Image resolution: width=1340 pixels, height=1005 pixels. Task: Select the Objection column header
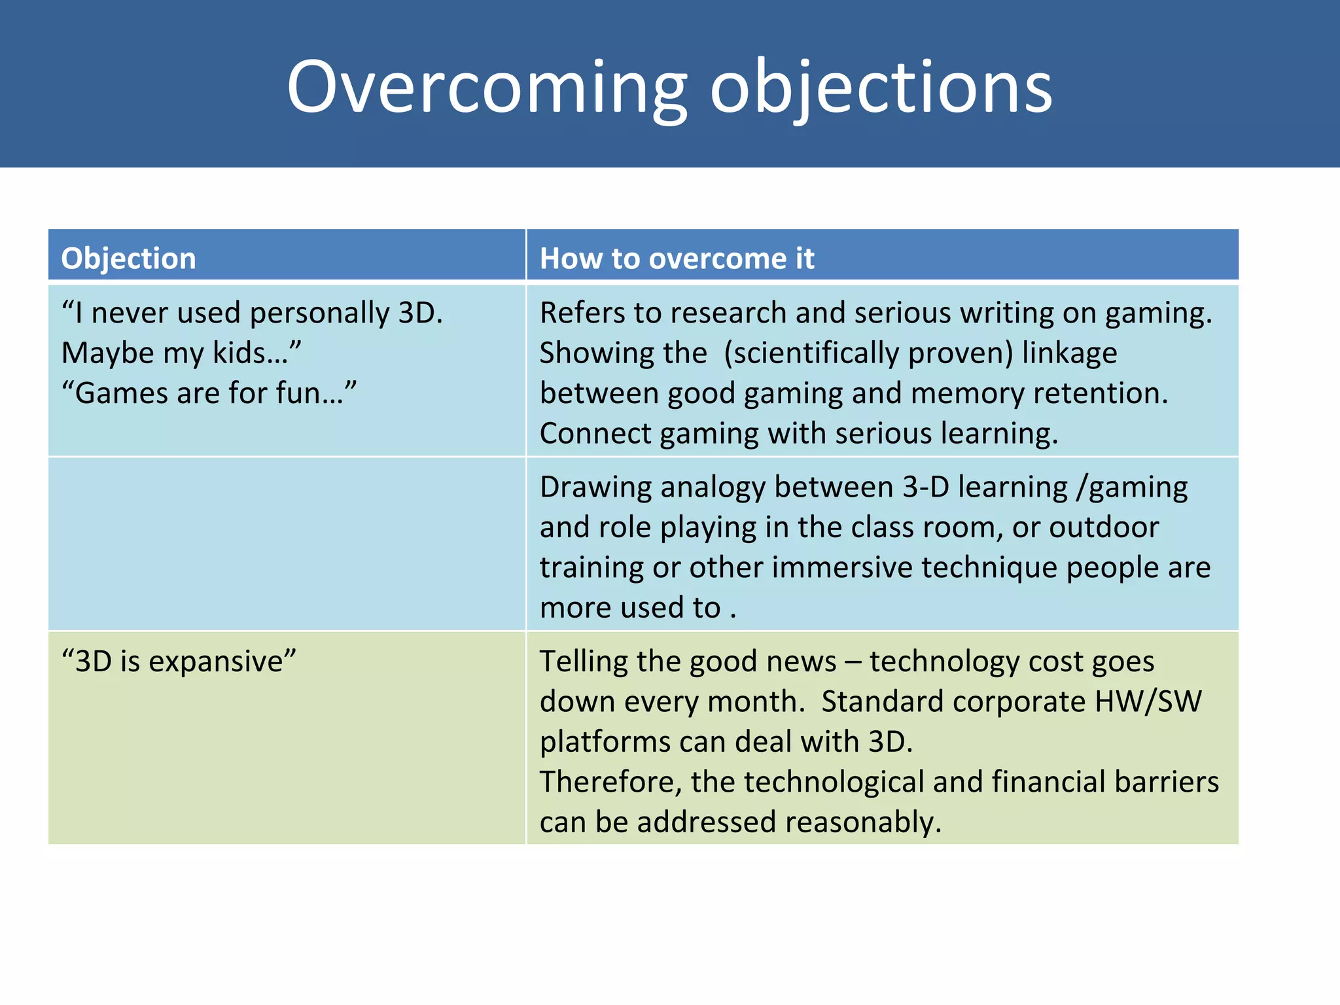click(129, 258)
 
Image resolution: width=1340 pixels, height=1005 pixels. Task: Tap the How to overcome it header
click(677, 258)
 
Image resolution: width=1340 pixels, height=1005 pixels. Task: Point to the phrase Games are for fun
click(209, 393)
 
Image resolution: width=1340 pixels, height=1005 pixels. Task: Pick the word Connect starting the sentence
click(595, 434)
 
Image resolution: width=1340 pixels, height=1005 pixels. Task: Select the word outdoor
click(1104, 527)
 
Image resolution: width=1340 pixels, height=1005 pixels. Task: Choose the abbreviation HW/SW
click(1148, 702)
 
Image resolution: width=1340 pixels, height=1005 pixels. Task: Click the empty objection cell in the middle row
click(287, 543)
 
